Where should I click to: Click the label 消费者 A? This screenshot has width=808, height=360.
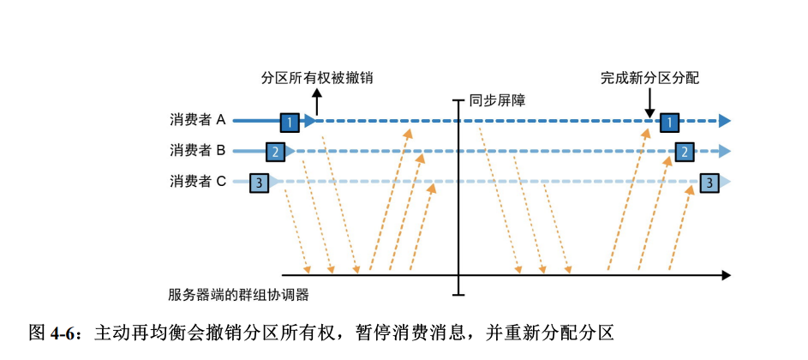pos(197,121)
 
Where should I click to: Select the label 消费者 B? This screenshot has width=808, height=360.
pos(197,151)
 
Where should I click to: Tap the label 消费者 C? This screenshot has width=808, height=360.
pos(197,181)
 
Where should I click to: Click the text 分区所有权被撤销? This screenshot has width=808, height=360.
pos(317,77)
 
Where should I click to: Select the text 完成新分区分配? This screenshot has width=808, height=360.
pos(650,77)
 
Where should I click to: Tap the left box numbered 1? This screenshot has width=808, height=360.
pos(290,122)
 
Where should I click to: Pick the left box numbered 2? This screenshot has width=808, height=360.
pos(275,152)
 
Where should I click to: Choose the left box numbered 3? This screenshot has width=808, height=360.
pos(260,182)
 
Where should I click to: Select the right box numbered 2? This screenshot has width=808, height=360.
pos(685,152)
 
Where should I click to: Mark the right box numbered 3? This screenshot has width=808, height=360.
pos(709,182)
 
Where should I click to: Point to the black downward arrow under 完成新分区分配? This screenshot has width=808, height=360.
pos(649,103)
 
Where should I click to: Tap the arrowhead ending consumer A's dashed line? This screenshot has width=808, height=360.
pos(725,122)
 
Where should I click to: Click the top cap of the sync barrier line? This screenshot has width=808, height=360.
pos(459,100)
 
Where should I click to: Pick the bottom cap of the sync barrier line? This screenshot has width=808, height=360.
pos(459,296)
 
